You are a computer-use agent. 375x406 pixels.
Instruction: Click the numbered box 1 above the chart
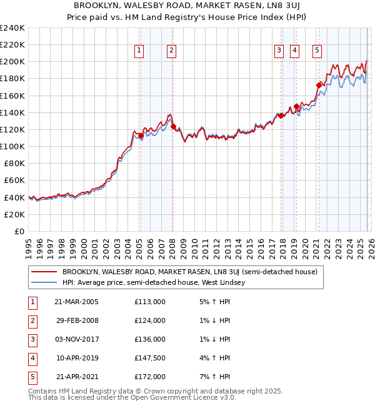point(138,51)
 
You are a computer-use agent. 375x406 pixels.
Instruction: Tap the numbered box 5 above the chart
point(317,51)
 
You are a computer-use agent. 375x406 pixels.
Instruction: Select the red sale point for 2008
point(173,126)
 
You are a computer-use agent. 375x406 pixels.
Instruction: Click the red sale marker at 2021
point(319,85)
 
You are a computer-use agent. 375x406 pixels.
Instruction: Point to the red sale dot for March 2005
point(141,136)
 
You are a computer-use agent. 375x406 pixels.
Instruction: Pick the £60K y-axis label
point(15,181)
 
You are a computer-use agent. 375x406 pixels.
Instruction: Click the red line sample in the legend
point(44,272)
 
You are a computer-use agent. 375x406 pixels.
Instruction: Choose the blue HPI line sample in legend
point(44,283)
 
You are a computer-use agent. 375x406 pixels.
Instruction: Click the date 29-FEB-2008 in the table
point(76,320)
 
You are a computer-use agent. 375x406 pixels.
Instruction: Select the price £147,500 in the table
point(150,358)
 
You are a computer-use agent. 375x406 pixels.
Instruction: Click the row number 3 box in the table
point(31,339)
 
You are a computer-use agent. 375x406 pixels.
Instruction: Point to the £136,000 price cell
point(150,339)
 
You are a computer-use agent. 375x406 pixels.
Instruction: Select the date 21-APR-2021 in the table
point(76,377)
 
